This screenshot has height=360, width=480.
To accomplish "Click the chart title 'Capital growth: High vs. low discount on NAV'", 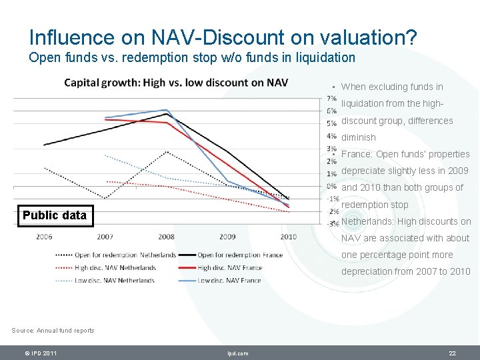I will click(176, 83).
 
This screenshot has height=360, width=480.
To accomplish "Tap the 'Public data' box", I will click(55, 215).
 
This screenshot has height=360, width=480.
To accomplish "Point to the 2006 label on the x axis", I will click(44, 237).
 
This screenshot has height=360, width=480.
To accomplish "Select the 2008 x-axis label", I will click(166, 237).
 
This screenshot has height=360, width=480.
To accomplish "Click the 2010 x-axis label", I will click(288, 237).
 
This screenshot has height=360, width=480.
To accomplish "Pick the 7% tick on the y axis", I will click(331, 99).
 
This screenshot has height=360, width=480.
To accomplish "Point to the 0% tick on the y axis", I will click(331, 186).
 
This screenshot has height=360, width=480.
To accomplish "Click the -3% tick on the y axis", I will click(331, 224).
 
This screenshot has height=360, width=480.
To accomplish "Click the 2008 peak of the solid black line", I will click(166, 114).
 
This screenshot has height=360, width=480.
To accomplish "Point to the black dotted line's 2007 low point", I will click(105, 199).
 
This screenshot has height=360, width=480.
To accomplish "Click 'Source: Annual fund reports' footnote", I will click(53, 331).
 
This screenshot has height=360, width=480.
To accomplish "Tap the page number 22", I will click(452, 353).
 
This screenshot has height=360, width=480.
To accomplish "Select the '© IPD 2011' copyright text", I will click(40, 353).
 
